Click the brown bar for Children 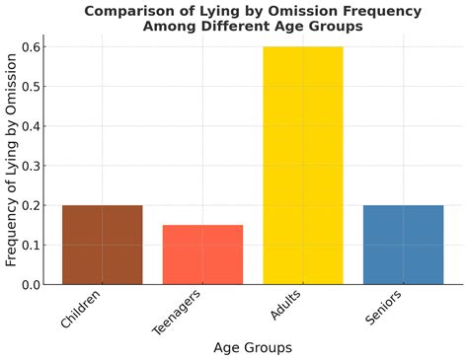coord(102,245)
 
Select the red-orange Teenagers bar coord(202,254)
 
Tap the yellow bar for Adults coord(302,166)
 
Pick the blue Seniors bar coord(403,245)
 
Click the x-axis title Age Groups coord(252,347)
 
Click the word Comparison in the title coord(130,11)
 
